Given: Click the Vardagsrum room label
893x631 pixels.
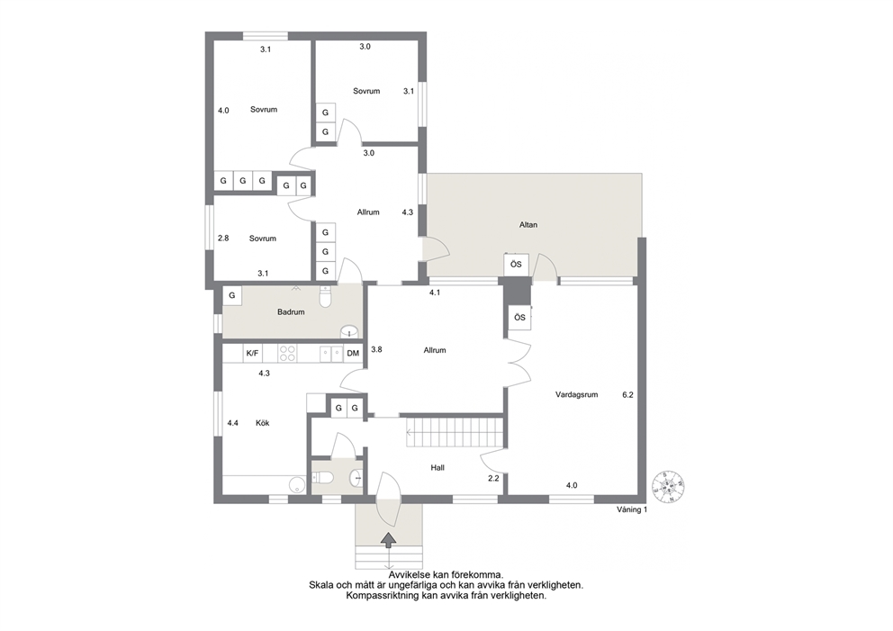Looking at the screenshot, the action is [576, 394].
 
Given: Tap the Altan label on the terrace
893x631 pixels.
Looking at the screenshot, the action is [528, 225].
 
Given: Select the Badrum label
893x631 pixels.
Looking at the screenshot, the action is [291, 312].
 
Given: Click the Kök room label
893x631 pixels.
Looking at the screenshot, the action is [263, 423].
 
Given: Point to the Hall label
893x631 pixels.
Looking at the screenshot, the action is [437, 467].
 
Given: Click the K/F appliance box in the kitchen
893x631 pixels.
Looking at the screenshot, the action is [251, 353].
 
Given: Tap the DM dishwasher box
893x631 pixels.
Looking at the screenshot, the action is [353, 353].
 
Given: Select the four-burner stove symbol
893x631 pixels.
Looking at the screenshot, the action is [287, 353].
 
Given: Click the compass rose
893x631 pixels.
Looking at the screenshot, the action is [668, 487].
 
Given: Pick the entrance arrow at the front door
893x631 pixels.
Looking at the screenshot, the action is [388, 540].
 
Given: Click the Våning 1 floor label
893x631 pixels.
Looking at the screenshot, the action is [632, 509].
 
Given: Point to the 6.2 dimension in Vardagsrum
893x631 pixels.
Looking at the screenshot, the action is [627, 394].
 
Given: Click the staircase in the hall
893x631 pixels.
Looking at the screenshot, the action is [455, 432].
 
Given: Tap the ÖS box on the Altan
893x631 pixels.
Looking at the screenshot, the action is [516, 265].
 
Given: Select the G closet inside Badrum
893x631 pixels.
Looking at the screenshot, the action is [231, 295].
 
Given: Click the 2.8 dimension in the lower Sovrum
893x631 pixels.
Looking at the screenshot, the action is [223, 238].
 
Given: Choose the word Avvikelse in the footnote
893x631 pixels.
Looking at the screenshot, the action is [410, 575].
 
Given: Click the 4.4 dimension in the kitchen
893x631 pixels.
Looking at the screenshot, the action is [232, 423].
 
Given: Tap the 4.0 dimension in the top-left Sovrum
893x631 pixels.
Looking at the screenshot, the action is [223, 111].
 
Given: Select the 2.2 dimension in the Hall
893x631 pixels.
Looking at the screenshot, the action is [493, 478].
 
